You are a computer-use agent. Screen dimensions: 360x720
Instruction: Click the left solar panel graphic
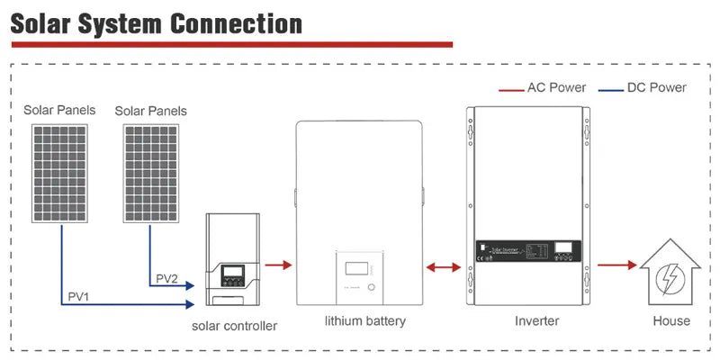tap(61, 172)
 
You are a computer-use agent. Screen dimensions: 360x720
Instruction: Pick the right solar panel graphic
tap(150, 172)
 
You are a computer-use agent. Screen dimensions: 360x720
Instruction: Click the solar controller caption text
tap(234, 326)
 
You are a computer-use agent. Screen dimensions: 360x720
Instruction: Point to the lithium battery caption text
tap(364, 321)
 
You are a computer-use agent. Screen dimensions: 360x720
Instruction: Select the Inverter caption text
tap(536, 320)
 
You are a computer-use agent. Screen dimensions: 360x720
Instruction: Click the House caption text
tap(671, 320)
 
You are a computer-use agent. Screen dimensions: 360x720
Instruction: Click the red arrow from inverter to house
tap(616, 265)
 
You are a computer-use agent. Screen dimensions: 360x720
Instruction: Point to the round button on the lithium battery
tap(372, 288)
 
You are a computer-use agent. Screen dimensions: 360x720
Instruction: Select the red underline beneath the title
tap(230, 43)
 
